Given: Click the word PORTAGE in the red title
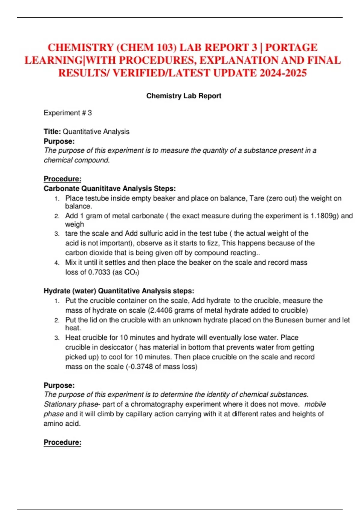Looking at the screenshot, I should (291, 48).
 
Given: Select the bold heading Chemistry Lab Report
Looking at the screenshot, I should (184, 96).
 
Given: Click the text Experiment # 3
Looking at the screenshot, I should (68, 113).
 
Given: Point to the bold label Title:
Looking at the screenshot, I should (52, 132).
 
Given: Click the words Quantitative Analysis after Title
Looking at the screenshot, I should (96, 132).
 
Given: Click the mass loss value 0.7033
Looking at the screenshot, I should (99, 272).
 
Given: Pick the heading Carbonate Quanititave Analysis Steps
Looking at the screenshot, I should (109, 189).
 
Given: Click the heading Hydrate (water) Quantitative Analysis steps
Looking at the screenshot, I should (119, 291).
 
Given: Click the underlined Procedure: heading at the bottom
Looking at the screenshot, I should (62, 442).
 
